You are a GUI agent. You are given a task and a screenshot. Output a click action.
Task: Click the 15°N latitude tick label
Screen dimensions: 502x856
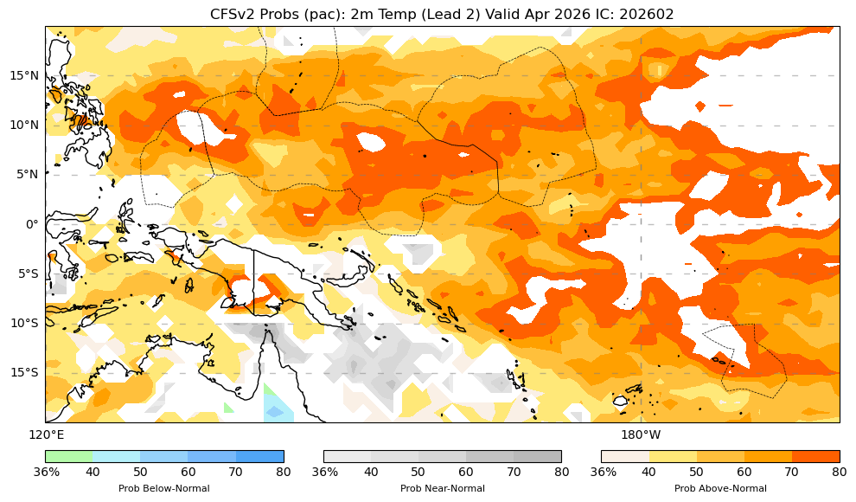pyautogui.click(x=23, y=75)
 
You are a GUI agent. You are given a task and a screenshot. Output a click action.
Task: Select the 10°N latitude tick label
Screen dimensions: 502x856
pyautogui.click(x=23, y=125)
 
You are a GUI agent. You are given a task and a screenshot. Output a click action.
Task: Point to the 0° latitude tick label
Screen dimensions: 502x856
pyautogui.click(x=33, y=224)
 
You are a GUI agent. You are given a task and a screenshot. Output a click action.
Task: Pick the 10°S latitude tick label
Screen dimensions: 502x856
pyautogui.click(x=23, y=323)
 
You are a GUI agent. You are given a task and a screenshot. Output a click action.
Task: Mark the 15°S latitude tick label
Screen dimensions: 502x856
pyautogui.click(x=23, y=372)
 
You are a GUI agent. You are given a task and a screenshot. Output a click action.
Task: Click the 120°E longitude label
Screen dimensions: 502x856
pyautogui.click(x=46, y=434)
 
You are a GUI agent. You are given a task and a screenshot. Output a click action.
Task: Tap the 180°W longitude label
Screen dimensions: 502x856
pyautogui.click(x=641, y=434)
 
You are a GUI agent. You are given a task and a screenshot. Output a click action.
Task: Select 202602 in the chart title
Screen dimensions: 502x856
pyautogui.click(x=647, y=14)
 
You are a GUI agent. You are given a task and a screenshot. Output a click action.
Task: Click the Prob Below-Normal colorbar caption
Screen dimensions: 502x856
pyautogui.click(x=164, y=488)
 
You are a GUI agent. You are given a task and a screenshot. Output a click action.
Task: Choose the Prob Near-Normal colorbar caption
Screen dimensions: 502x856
pyautogui.click(x=442, y=488)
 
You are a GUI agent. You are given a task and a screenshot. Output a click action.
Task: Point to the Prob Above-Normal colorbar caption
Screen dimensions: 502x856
pyautogui.click(x=720, y=488)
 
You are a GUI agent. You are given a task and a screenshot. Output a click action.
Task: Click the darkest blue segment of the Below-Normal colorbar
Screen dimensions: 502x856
pyautogui.click(x=260, y=456)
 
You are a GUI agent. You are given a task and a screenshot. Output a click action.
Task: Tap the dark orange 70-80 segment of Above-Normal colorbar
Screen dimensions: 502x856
pyautogui.click(x=815, y=456)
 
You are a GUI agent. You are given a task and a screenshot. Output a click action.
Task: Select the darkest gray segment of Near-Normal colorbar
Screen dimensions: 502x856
pyautogui.click(x=538, y=456)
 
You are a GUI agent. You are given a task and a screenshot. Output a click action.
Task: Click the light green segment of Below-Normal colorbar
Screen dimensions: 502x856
pyautogui.click(x=69, y=456)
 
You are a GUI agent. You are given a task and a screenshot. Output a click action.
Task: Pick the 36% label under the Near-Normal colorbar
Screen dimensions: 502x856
pyautogui.click(x=324, y=472)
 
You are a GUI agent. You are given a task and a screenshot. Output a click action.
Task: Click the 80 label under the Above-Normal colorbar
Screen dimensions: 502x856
pyautogui.click(x=839, y=472)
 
